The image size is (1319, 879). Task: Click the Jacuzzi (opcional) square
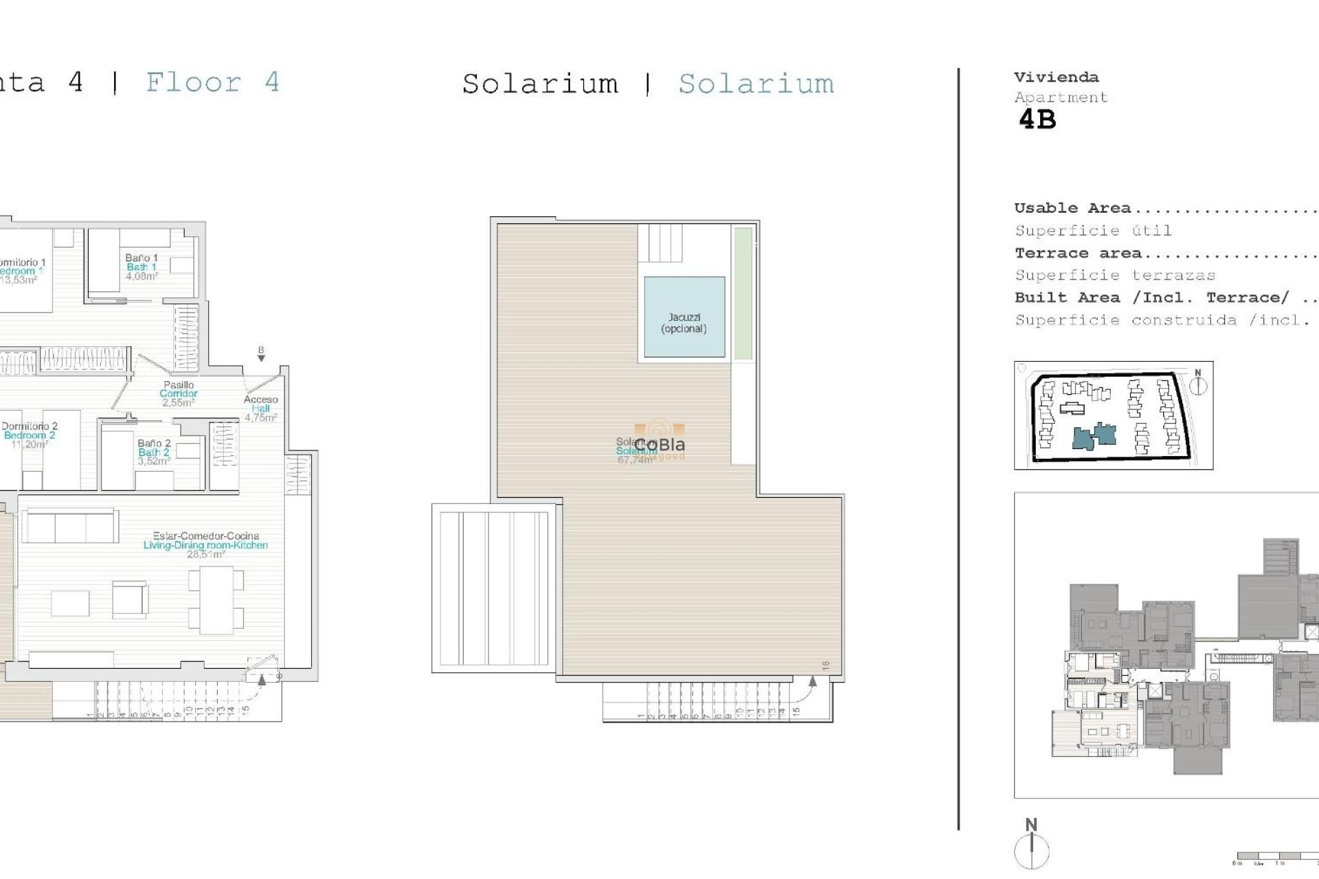pyautogui.click(x=684, y=317)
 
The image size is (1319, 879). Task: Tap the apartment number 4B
pyautogui.click(x=1037, y=120)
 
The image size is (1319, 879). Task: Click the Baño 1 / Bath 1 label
pyautogui.click(x=142, y=267)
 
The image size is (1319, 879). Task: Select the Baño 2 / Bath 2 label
pyautogui.click(x=154, y=452)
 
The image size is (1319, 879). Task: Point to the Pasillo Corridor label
pyautogui.click(x=179, y=393)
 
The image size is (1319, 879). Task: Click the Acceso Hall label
pyautogui.click(x=261, y=408)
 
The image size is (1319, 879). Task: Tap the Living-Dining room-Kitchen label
pyautogui.click(x=205, y=545)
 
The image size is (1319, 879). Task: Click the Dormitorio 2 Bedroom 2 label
pyautogui.click(x=29, y=435)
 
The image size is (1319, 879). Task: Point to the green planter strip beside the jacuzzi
pyautogui.click(x=743, y=293)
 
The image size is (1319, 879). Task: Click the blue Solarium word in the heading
pyautogui.click(x=756, y=84)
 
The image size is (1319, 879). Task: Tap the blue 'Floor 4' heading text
pyautogui.click(x=213, y=83)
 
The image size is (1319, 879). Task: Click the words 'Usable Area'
pyautogui.click(x=1072, y=208)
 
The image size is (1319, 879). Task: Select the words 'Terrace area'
pyautogui.click(x=1078, y=253)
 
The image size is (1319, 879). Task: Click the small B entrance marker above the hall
pyautogui.click(x=261, y=353)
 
